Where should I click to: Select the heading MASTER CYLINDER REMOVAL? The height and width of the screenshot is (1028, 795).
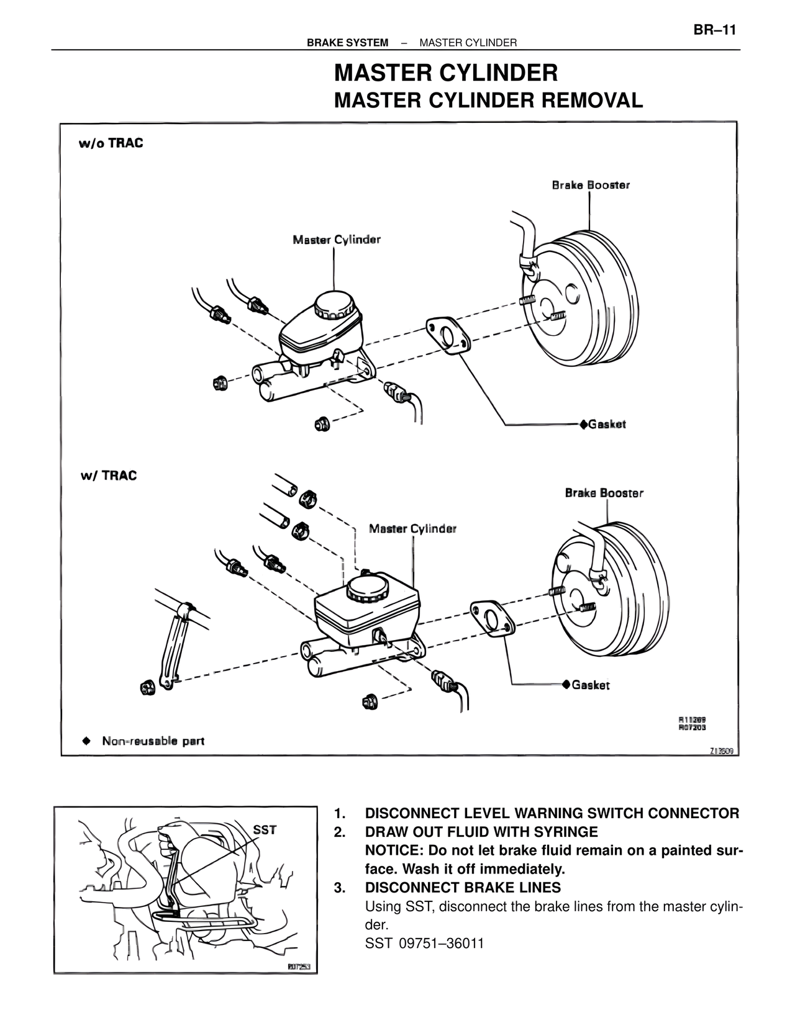(x=488, y=101)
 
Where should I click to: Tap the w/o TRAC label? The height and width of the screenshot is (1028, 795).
(x=111, y=143)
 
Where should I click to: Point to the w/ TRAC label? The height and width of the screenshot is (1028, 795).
(x=109, y=476)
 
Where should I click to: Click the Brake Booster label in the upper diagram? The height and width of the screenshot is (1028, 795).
(x=591, y=185)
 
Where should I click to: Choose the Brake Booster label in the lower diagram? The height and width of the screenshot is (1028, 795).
(x=604, y=493)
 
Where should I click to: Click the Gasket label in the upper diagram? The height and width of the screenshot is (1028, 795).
(x=606, y=425)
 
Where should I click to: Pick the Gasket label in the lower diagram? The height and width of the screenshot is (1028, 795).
(x=590, y=685)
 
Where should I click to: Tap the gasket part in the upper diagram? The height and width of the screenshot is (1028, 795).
(x=447, y=336)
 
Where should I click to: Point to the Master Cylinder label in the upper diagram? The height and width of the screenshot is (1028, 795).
(x=337, y=240)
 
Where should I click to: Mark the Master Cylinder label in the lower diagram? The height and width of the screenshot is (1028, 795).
(x=412, y=529)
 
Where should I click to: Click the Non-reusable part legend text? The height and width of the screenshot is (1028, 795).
(x=153, y=741)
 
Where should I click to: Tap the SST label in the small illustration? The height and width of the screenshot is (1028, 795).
(x=265, y=830)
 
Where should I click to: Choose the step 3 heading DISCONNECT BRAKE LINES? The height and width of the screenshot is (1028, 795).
(x=463, y=888)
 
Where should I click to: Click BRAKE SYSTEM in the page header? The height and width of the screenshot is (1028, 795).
(x=347, y=43)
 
